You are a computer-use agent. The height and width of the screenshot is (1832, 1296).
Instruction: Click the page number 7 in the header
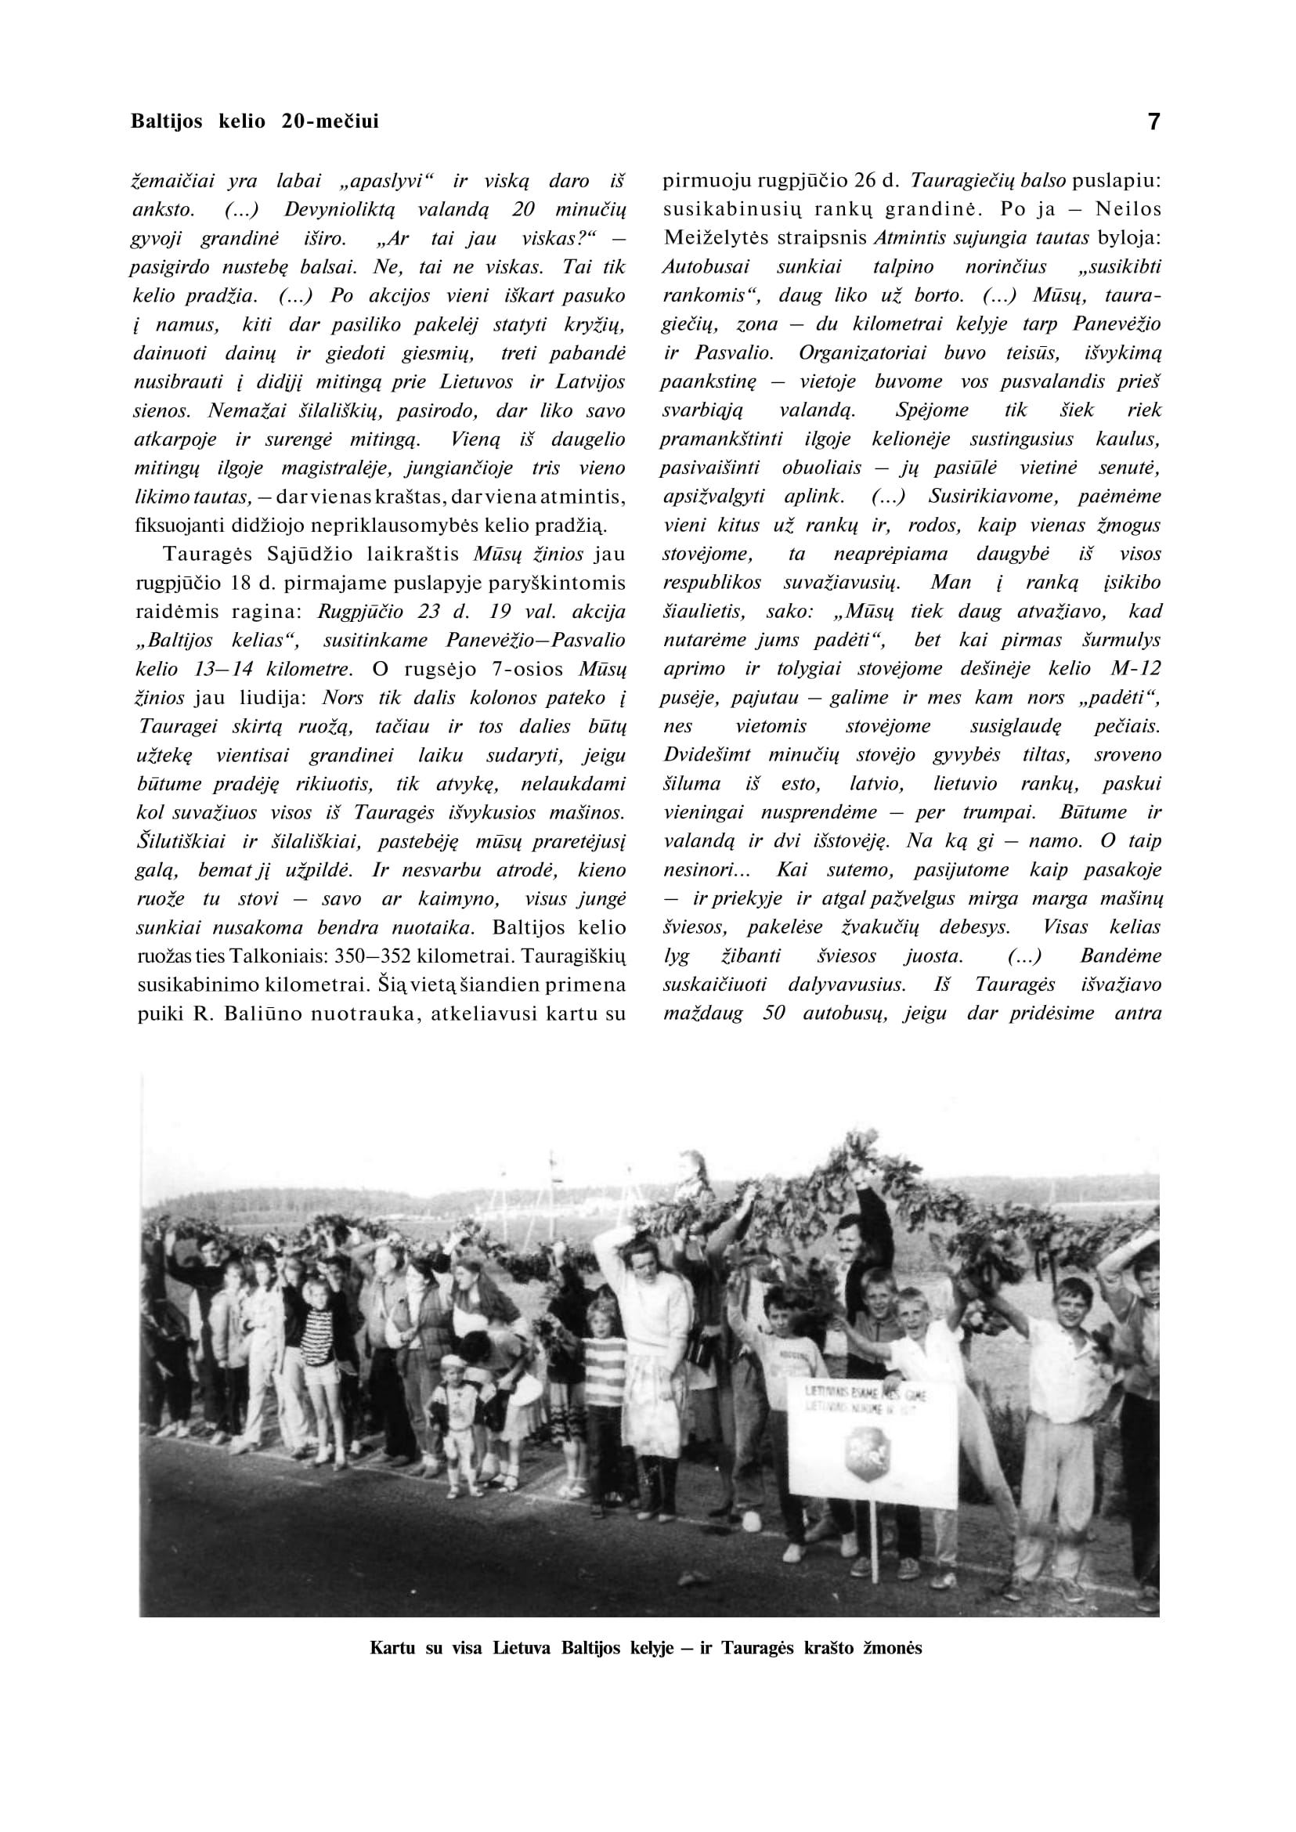click(1153, 122)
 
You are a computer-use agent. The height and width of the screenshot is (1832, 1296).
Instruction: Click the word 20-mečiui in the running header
click(330, 121)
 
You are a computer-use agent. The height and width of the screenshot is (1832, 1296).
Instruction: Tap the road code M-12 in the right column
click(1135, 668)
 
